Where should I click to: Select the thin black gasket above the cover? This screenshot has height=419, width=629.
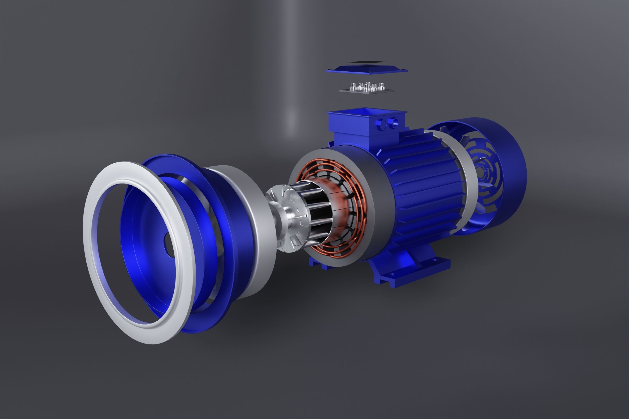pos(367,62)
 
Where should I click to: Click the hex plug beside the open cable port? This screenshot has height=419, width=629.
pos(383,124)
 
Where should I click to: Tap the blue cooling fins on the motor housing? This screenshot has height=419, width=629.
pos(428,187)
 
